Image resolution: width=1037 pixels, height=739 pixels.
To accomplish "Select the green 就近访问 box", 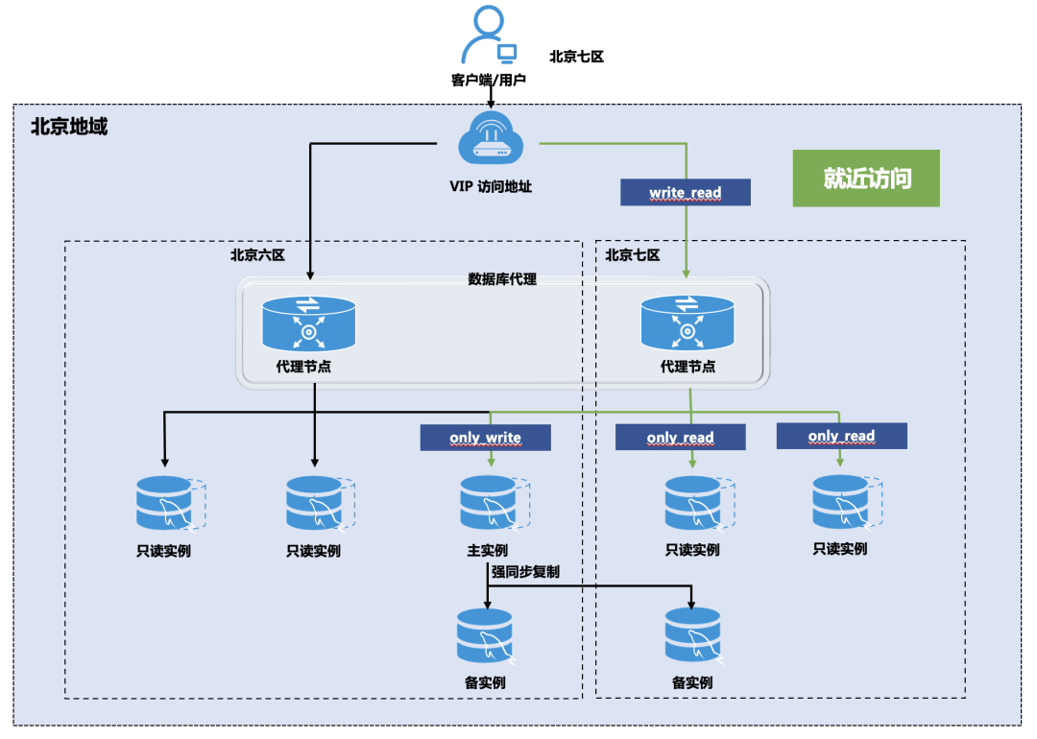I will click(866, 179).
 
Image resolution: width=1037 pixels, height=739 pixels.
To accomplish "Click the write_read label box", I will click(685, 192).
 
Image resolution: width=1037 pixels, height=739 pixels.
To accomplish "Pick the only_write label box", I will click(485, 438).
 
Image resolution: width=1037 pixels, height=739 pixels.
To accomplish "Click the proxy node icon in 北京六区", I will click(308, 323).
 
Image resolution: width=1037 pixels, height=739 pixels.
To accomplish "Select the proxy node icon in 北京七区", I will click(687, 323).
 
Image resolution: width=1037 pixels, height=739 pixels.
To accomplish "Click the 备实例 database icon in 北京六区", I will click(485, 634).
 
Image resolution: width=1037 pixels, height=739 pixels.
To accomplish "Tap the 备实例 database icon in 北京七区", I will click(692, 634).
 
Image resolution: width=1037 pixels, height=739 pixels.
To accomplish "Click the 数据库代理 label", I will click(502, 279).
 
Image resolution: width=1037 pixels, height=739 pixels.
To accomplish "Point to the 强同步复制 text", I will click(525, 571).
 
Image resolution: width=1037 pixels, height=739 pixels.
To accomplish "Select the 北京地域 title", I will click(69, 126).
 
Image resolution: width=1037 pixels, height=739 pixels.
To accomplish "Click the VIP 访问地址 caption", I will click(491, 187).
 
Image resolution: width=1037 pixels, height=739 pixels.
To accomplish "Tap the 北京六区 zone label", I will click(257, 255).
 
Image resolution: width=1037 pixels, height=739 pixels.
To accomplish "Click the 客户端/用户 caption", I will click(489, 80).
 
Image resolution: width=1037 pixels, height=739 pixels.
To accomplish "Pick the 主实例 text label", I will click(487, 550).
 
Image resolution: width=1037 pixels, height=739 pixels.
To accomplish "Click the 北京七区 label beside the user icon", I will click(576, 57).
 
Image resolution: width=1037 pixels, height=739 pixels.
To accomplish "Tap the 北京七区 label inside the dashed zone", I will click(633, 255).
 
